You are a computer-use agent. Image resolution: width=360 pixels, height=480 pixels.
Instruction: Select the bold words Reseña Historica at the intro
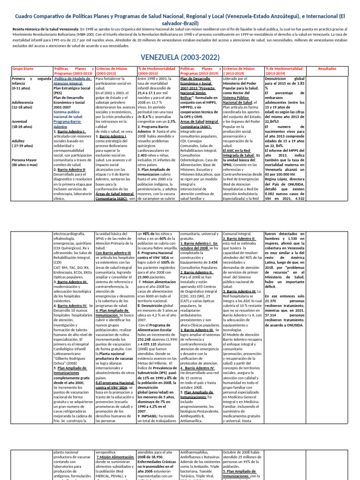click(x=24, y=29)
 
